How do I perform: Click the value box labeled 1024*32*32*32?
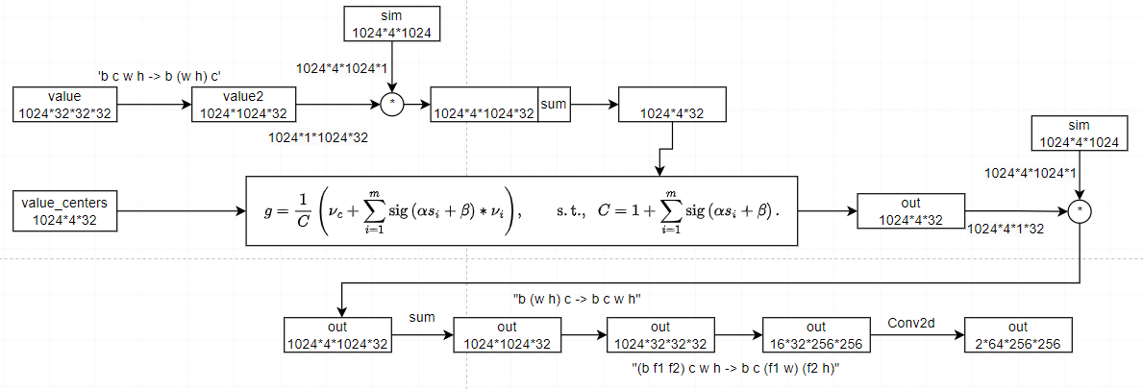(65, 105)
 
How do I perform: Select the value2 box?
(244, 105)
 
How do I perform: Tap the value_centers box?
(65, 209)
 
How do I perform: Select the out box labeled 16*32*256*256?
(815, 334)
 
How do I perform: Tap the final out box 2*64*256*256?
(1018, 334)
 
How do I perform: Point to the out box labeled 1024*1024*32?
(507, 334)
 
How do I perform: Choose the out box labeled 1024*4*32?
(909, 209)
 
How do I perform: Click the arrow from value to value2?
(154, 105)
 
